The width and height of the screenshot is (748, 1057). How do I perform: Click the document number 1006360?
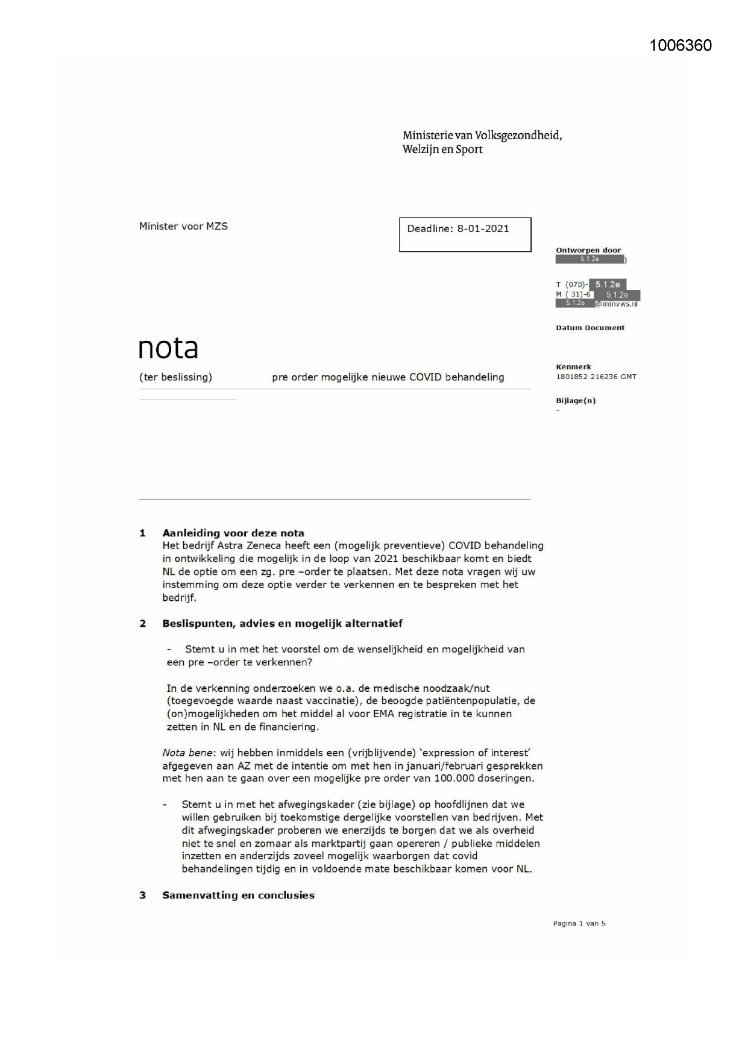coord(680,46)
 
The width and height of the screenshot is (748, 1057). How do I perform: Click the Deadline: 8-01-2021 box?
coord(464,234)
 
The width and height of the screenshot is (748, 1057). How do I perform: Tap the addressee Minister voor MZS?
coord(183,227)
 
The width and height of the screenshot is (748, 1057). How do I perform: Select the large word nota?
coord(168,348)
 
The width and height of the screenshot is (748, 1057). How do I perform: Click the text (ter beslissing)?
coord(175,377)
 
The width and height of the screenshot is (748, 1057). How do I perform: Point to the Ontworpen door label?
coord(588,250)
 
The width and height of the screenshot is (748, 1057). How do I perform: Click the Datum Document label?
coord(589,328)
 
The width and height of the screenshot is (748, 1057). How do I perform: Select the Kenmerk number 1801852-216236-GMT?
coord(596,377)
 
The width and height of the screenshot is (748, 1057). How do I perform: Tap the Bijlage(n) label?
coord(575,401)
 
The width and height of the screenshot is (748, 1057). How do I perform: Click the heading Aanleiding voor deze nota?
coord(233,533)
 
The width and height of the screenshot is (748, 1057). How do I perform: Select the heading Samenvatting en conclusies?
coord(238,895)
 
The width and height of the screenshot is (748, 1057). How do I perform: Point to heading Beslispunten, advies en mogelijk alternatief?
coord(282,623)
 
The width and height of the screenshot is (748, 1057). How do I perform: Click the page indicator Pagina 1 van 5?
coord(579,923)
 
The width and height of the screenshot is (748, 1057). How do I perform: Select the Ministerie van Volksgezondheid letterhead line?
coord(482,136)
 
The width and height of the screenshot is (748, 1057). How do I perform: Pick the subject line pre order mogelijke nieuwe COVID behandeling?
coord(388,377)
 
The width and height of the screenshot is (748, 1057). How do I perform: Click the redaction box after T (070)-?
coord(607,284)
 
